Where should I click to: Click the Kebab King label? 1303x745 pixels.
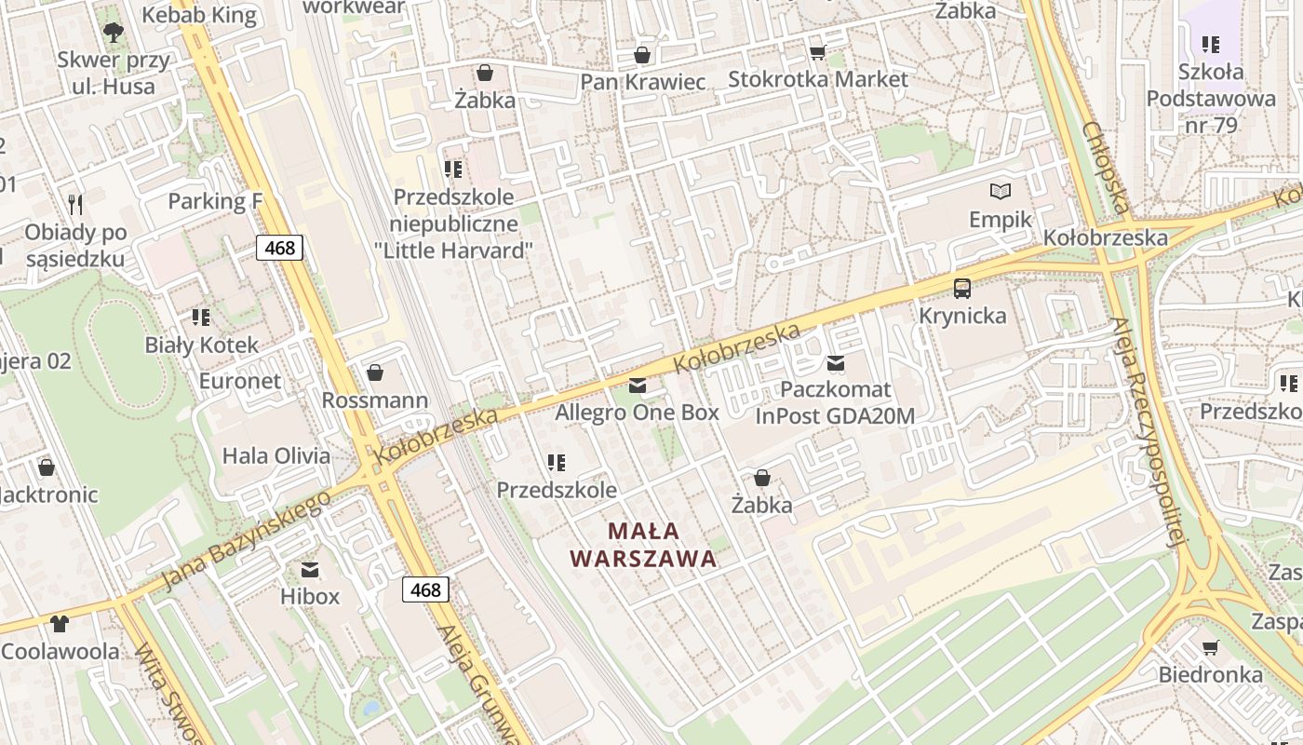[x=198, y=15]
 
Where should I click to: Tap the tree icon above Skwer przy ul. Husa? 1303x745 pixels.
[x=114, y=34]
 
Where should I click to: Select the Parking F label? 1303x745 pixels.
[x=215, y=201]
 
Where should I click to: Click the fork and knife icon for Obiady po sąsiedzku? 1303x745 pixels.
[x=75, y=203]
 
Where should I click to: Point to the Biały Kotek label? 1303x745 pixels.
[x=201, y=345]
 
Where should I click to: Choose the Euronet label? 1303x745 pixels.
[x=239, y=381]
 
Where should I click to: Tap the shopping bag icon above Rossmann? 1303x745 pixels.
[x=375, y=372]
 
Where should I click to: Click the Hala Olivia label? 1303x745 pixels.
[x=275, y=455]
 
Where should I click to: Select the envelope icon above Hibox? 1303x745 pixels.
[x=310, y=569]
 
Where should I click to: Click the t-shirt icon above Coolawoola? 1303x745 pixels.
[x=60, y=623]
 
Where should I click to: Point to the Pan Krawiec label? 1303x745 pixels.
[x=642, y=82]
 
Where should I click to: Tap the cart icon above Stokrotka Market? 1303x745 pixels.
[x=817, y=52]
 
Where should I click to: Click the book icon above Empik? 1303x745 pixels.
[x=1001, y=192]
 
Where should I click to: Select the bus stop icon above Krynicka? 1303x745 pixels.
[x=962, y=288]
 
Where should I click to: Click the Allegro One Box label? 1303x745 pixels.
[x=637, y=412]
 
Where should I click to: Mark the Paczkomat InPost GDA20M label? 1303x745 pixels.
[x=835, y=402]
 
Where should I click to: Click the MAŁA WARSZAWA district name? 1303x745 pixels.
[x=643, y=545]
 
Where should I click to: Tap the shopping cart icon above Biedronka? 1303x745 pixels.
[x=1210, y=647]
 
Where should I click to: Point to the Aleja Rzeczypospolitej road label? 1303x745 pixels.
[x=1150, y=433]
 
